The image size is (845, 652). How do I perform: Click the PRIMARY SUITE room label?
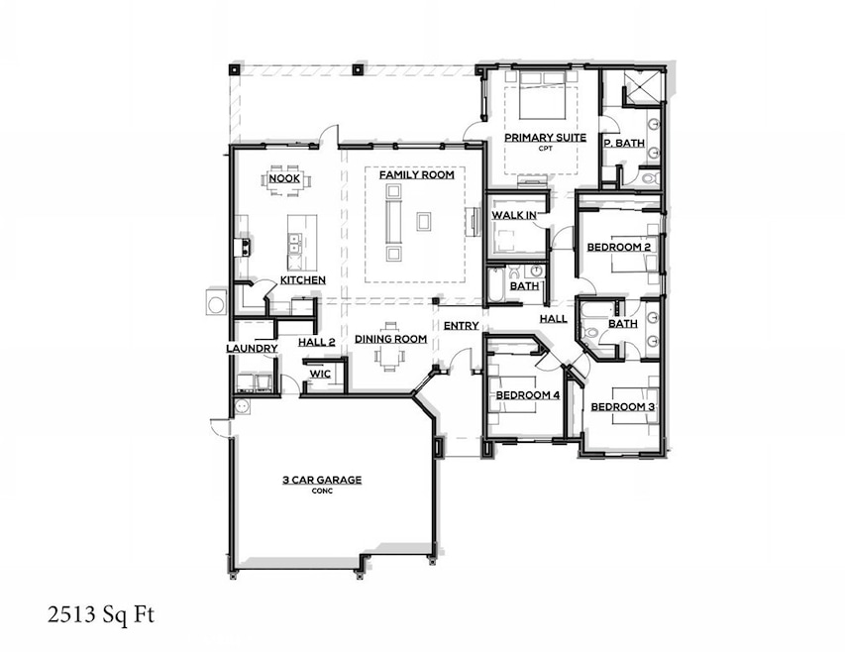(x=546, y=138)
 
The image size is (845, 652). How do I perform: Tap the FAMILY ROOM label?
(x=417, y=174)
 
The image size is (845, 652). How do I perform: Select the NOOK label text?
(x=283, y=178)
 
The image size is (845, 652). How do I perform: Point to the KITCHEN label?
(x=302, y=280)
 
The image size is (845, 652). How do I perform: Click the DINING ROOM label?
(x=391, y=339)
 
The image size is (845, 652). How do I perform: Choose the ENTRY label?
(x=461, y=325)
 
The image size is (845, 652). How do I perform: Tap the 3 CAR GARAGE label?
(x=322, y=480)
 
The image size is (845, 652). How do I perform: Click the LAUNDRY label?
(x=252, y=349)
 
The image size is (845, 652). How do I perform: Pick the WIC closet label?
(x=319, y=375)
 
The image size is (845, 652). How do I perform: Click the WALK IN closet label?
(x=514, y=215)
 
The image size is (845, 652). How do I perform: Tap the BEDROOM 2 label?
(x=618, y=247)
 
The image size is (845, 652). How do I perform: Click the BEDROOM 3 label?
(x=622, y=407)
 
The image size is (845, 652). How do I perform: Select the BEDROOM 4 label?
(x=527, y=396)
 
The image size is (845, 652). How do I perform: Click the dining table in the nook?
(x=285, y=181)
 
